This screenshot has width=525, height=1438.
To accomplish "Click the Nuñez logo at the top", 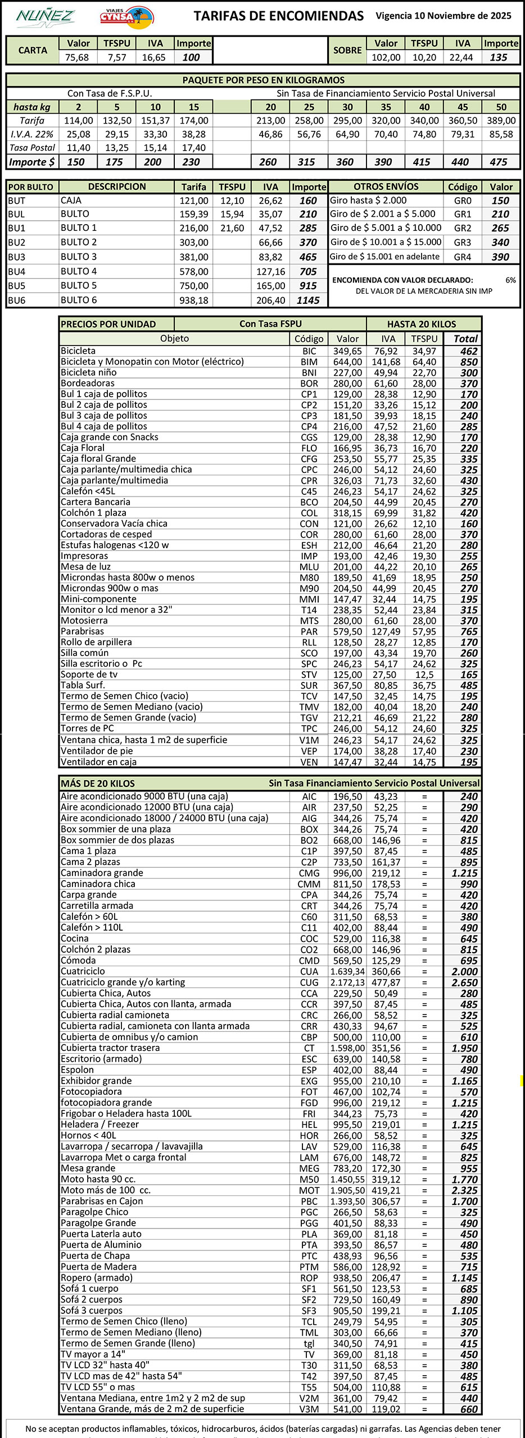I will click(45, 17).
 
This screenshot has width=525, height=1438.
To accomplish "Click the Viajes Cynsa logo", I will click(126, 17).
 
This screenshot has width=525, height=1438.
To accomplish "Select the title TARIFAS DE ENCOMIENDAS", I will click(279, 16).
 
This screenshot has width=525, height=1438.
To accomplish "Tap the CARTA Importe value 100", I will click(191, 57).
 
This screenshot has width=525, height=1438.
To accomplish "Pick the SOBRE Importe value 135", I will click(499, 57).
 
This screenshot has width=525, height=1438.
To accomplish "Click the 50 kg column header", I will click(501, 107).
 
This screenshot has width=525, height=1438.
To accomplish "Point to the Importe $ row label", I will click(32, 162).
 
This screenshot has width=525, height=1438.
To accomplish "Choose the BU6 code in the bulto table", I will click(17, 300).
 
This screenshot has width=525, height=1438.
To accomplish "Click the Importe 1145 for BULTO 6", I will click(308, 300).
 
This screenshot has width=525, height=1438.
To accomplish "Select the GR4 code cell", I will click(463, 257).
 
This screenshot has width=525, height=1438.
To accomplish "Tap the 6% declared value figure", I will click(510, 280).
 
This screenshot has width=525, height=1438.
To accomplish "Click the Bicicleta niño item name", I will click(89, 372).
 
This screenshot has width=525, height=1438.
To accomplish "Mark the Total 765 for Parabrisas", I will click(469, 631).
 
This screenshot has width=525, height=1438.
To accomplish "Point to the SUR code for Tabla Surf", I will click(309, 685).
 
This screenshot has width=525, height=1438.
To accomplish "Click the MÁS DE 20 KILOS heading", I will click(98, 783).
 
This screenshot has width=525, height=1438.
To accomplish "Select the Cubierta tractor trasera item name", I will click(110, 1048).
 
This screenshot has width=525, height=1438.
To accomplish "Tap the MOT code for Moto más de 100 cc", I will click(309, 1190).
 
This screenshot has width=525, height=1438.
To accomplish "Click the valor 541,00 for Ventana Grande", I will click(347, 1409).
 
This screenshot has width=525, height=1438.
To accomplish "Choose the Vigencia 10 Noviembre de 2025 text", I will click(443, 16).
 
